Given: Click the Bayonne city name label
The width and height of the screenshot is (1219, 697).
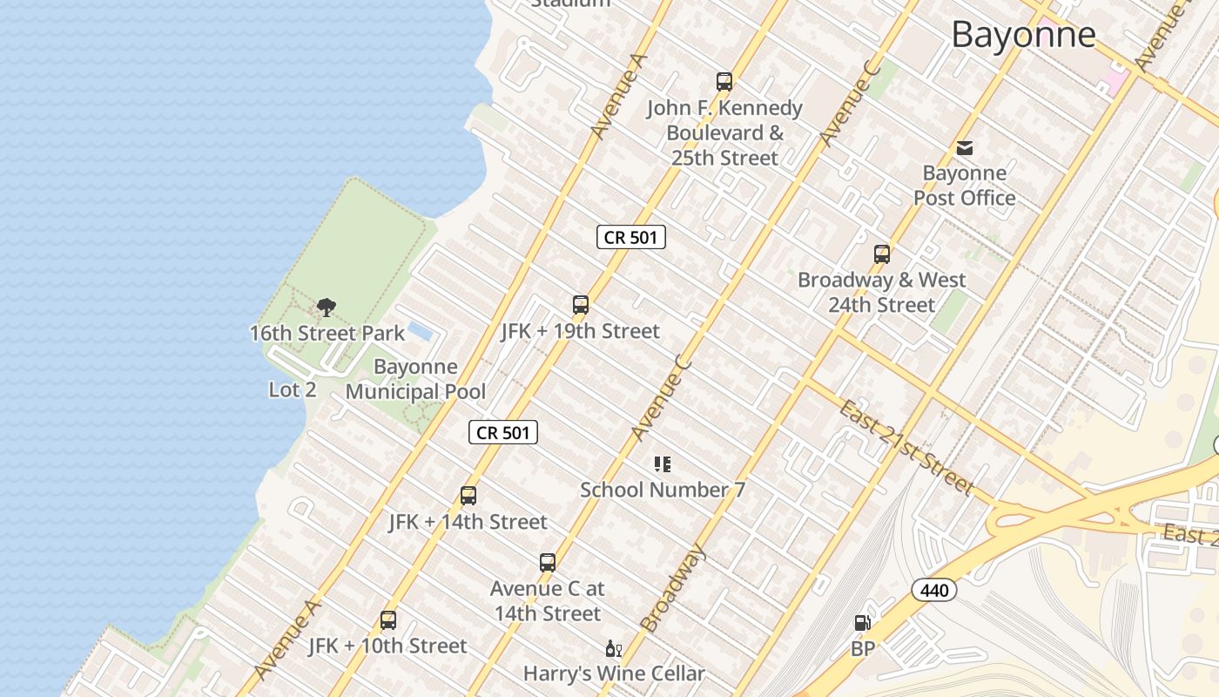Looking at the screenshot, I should [1023, 35].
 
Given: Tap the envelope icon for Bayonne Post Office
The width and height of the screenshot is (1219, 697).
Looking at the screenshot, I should [965, 148].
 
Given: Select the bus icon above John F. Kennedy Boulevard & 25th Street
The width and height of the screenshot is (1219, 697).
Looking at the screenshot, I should [724, 82].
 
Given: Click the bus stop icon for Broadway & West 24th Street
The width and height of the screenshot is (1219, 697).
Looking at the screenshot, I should [882, 254].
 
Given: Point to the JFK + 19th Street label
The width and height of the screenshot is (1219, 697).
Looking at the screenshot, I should [580, 331].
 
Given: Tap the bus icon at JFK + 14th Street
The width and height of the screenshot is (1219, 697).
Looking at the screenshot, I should [468, 496].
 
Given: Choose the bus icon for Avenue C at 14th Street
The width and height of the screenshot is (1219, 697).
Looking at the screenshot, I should [548, 563].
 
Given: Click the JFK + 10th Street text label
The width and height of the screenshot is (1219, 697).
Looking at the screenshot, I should [387, 646].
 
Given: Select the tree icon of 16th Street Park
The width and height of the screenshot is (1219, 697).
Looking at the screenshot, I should [327, 307].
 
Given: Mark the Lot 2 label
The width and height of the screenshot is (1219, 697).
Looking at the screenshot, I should [293, 389].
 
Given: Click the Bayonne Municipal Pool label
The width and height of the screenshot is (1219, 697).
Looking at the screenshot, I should [415, 379].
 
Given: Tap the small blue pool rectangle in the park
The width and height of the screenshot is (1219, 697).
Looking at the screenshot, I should [420, 332].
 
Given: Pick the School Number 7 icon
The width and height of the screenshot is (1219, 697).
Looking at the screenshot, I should [663, 464].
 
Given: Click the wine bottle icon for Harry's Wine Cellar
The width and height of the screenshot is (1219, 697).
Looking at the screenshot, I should [614, 649].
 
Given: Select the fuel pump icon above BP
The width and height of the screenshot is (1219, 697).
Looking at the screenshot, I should [862, 623].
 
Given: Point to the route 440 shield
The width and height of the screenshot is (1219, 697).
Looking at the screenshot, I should [934, 590].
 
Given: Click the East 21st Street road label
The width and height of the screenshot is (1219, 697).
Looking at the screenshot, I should [905, 447].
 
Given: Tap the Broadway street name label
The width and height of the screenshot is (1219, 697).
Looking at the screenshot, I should [672, 587].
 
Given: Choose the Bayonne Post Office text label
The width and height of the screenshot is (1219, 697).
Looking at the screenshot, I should [965, 186].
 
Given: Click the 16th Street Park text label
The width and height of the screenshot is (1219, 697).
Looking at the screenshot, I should [327, 333].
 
